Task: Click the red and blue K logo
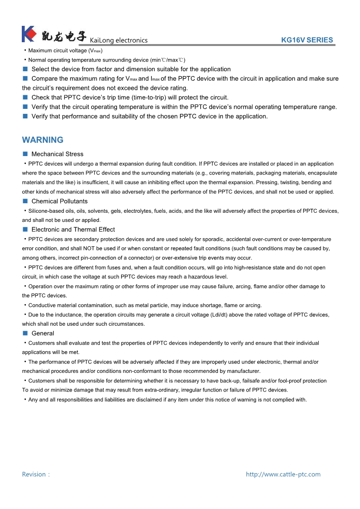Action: [29, 34]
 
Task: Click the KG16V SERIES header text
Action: [307, 40]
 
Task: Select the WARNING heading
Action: [43, 140]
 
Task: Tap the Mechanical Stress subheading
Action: [57, 154]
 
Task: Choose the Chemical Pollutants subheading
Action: [59, 201]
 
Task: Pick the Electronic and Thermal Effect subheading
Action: [73, 230]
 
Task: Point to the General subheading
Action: [43, 333]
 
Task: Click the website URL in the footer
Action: [283, 475]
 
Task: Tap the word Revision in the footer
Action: [34, 475]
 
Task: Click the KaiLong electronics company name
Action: [119, 40]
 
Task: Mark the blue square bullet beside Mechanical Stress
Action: [25, 154]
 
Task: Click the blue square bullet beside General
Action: [25, 333]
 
